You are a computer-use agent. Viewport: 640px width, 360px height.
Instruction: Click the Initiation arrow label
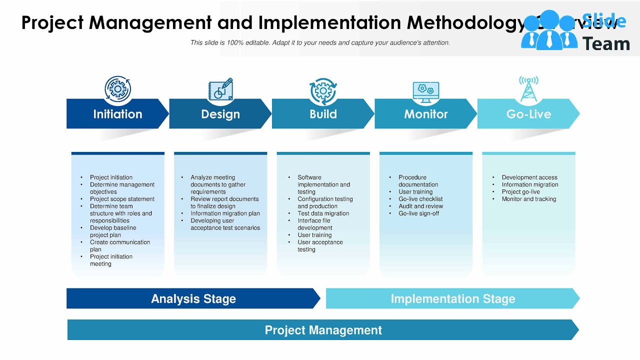pos(117,114)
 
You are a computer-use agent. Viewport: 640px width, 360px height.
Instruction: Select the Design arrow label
pos(220,114)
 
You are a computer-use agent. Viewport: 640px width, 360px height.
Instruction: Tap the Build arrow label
pos(323,114)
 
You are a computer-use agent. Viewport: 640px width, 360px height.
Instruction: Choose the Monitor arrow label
pos(426,114)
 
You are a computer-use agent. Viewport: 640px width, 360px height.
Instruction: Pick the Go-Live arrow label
pos(528,114)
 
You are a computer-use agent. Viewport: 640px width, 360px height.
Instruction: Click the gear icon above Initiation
pos(117,89)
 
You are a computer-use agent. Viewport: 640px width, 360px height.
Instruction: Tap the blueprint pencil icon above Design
pos(220,89)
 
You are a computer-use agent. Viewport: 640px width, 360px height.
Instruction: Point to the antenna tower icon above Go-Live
pos(528,89)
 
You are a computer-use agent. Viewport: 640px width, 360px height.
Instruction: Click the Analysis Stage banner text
pos(193,299)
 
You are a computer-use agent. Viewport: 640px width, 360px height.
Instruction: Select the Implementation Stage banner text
pos(452,299)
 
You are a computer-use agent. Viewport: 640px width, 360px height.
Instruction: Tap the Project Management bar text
pos(323,330)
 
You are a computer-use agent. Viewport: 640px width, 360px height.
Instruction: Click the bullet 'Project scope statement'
pos(122,199)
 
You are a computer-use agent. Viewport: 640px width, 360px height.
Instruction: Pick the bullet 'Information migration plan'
pos(225,213)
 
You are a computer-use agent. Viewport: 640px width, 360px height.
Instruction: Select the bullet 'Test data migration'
pos(323,213)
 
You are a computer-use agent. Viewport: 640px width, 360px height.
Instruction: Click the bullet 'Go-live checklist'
pos(420,199)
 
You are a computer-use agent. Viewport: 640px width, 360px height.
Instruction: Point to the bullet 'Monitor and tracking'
pos(528,199)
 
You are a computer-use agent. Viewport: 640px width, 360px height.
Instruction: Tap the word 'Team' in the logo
pos(606,44)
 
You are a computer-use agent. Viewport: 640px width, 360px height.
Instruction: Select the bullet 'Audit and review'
pos(420,206)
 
